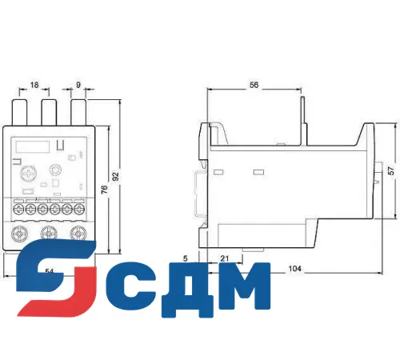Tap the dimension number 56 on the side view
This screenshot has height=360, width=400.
click(x=254, y=84)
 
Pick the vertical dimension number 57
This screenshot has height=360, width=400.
click(x=390, y=170)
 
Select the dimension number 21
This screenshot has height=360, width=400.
click(x=226, y=258)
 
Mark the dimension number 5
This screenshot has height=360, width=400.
click(x=185, y=258)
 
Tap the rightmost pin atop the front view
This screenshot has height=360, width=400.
click(x=78, y=110)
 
